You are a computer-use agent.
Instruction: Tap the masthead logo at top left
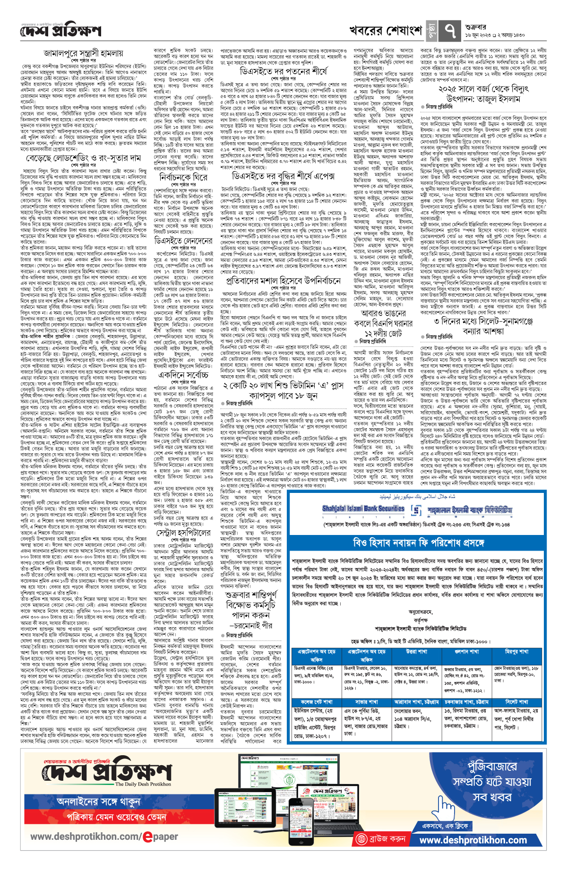(x=60, y=31)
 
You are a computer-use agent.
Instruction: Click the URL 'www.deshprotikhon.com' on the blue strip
(x=472, y=840)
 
